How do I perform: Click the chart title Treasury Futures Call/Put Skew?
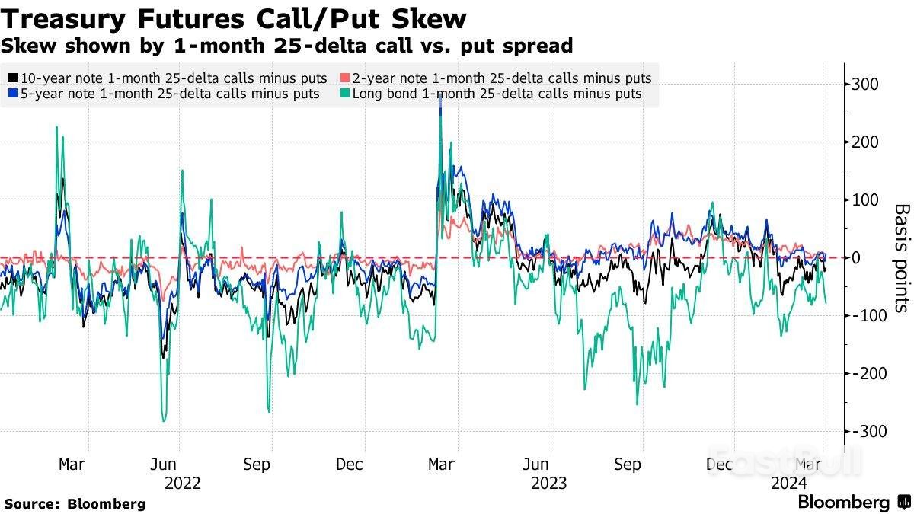point(234,18)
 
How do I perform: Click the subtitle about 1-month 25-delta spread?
point(286,46)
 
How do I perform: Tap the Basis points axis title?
point(901,257)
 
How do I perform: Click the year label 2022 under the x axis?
point(182,483)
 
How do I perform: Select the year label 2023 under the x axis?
point(548,483)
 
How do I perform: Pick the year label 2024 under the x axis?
point(790,483)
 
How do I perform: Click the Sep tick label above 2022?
point(257,465)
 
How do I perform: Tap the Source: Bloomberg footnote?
point(75,503)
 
